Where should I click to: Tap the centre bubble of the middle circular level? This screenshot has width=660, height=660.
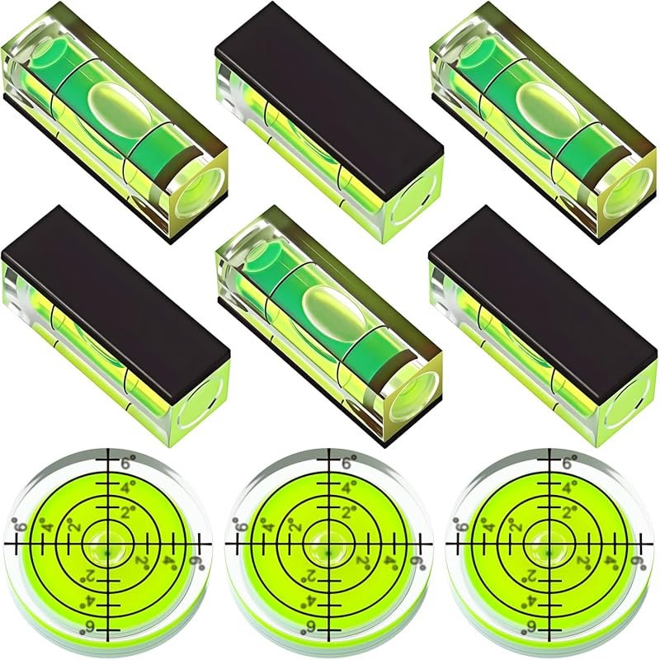[x=329, y=544]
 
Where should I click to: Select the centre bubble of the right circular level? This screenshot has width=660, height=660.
[x=549, y=544]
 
